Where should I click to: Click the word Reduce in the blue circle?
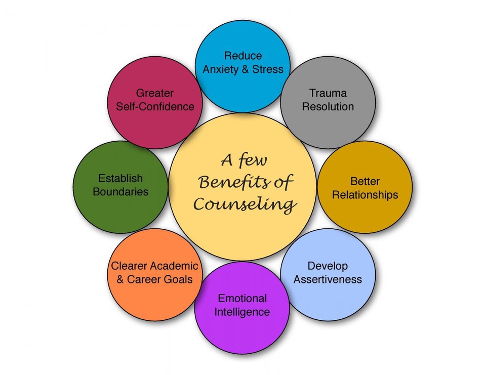[242, 56]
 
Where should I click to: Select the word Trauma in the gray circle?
[328, 93]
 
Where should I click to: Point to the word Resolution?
[328, 106]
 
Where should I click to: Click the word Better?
[364, 181]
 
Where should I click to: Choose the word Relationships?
[364, 194]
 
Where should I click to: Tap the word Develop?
[328, 266]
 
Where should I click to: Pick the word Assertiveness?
[328, 279]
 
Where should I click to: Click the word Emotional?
[242, 298]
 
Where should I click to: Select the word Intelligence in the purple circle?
[242, 311]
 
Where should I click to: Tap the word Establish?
[120, 178]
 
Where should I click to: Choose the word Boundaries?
[120, 191]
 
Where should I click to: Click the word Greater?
[154, 93]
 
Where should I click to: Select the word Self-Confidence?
[155, 106]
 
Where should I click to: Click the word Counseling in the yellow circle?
[245, 204]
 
